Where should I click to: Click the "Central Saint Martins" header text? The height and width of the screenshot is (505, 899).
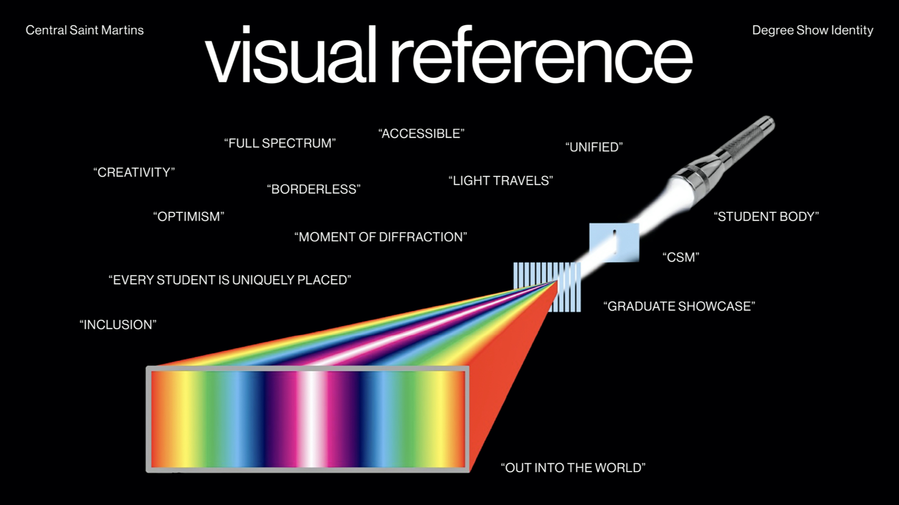[85, 30]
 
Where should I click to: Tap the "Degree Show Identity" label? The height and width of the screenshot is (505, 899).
[812, 30]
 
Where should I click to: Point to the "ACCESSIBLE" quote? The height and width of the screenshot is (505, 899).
[421, 134]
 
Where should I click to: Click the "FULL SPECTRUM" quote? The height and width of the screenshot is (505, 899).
[280, 143]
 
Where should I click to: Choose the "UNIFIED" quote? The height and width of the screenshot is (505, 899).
[594, 147]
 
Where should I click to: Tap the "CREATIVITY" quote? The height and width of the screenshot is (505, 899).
[134, 173]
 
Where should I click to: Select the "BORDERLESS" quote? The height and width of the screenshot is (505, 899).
[314, 189]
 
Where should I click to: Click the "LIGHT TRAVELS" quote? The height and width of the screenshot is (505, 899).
[501, 181]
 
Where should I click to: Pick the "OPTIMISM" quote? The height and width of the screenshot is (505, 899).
[189, 217]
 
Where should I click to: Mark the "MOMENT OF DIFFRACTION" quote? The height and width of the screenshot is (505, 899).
[381, 237]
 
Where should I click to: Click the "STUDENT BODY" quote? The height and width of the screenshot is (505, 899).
[766, 217]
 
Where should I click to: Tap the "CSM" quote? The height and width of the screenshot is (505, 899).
[681, 257]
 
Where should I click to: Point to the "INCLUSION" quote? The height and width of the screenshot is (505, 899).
[118, 325]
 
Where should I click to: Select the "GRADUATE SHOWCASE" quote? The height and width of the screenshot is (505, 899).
[679, 307]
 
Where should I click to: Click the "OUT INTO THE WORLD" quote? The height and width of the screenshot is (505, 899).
[573, 468]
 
